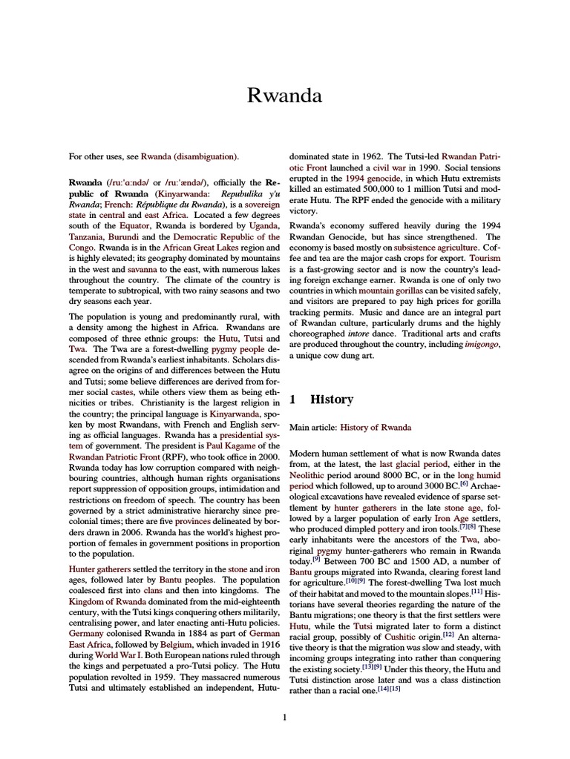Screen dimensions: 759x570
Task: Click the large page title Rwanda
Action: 284,96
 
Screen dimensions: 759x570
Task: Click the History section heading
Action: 331,399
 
